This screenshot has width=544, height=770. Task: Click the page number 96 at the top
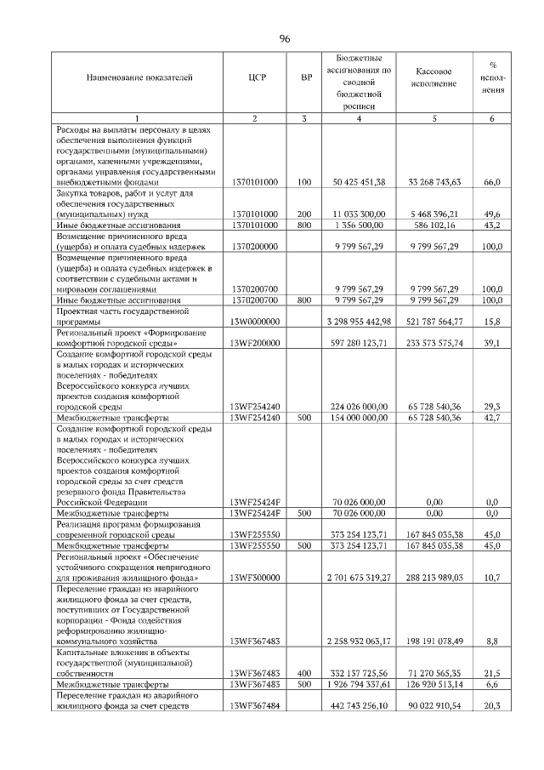(x=285, y=37)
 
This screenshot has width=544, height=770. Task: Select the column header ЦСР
(x=257, y=77)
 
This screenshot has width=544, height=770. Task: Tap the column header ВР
(x=306, y=77)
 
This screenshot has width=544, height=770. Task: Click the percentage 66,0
(x=491, y=181)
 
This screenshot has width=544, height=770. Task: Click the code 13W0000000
(x=257, y=322)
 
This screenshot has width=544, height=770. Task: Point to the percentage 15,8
(x=491, y=322)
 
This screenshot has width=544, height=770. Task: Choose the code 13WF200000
(x=257, y=343)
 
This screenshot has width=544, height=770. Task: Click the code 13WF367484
(x=257, y=704)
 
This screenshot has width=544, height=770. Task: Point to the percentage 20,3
(x=491, y=704)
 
